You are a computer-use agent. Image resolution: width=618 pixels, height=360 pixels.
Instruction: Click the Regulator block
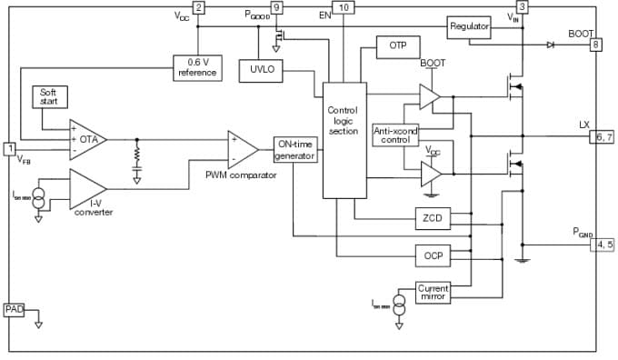click(x=469, y=26)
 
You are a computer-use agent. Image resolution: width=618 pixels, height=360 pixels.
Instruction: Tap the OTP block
click(x=397, y=45)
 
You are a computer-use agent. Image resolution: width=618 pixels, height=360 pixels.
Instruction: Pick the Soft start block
click(x=48, y=96)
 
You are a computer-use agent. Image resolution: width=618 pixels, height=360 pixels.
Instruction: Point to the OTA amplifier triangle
click(x=87, y=139)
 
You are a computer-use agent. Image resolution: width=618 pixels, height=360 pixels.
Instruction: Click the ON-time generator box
click(x=295, y=149)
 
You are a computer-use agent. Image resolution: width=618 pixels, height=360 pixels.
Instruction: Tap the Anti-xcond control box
click(x=396, y=135)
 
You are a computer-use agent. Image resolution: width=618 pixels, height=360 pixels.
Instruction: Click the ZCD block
click(x=433, y=218)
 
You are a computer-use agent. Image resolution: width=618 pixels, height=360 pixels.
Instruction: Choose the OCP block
click(x=433, y=256)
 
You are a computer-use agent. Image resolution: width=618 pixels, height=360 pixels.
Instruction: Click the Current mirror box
click(x=433, y=293)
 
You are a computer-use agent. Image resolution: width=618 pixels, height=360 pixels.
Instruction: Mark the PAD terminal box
click(x=14, y=310)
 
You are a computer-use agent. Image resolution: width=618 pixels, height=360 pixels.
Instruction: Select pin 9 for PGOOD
click(x=277, y=7)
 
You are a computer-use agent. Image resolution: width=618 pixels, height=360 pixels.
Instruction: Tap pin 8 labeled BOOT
click(x=596, y=44)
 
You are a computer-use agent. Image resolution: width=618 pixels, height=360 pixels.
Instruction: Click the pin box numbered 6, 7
click(x=603, y=135)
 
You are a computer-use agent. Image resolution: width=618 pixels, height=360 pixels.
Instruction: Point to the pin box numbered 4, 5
click(x=603, y=245)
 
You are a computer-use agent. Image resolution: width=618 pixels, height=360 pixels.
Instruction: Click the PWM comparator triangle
click(x=242, y=148)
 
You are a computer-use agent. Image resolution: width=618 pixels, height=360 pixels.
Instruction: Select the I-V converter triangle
click(x=87, y=189)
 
